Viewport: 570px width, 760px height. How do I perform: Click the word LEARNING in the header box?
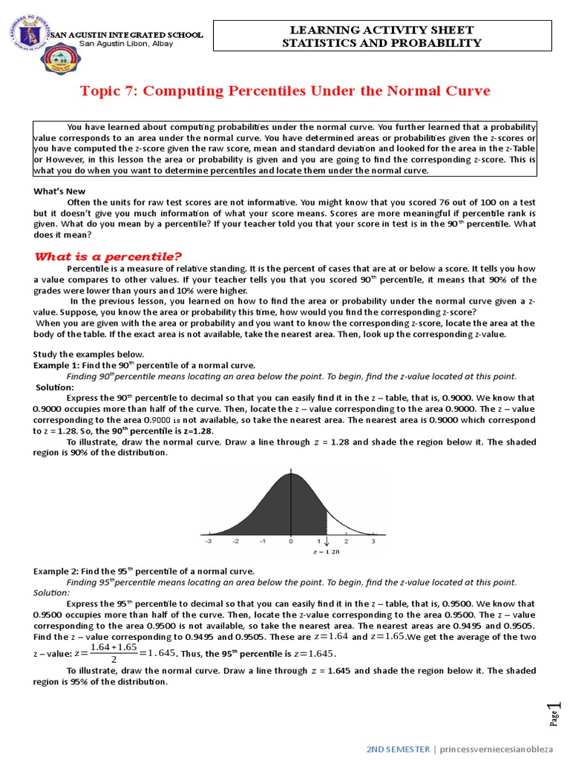(x=320, y=30)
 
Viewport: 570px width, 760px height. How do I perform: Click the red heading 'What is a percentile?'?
(x=108, y=256)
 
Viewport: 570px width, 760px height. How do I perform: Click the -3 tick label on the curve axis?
(x=209, y=542)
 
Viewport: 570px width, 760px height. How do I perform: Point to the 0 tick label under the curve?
(x=291, y=542)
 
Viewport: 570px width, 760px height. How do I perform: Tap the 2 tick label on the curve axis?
(x=346, y=542)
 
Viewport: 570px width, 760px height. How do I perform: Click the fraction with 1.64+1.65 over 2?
(x=113, y=653)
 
